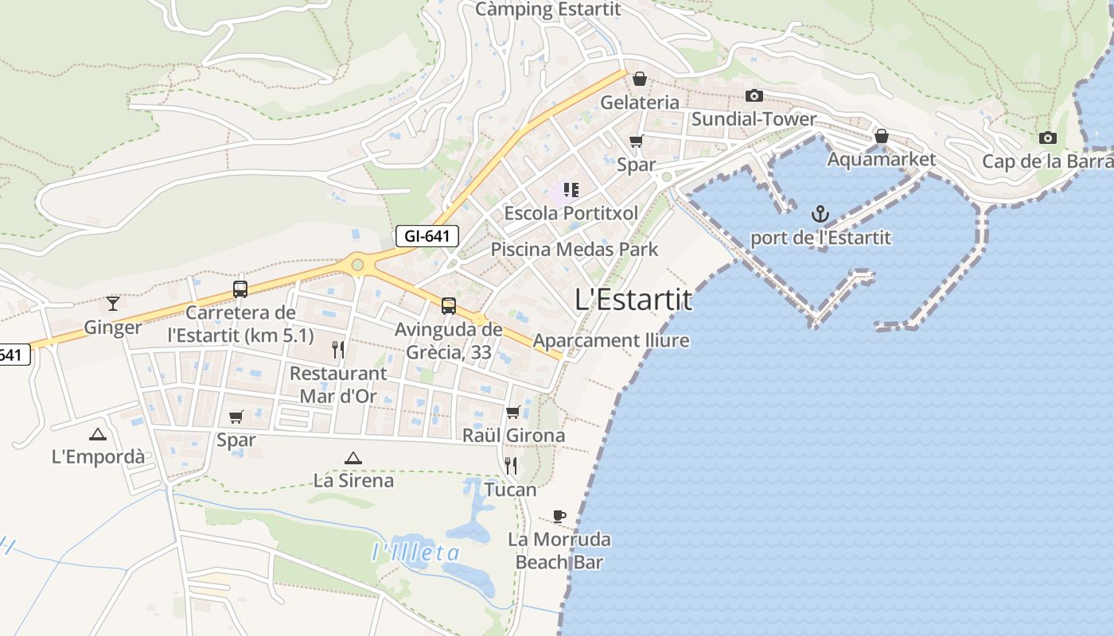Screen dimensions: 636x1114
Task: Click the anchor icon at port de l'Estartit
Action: pos(820,214)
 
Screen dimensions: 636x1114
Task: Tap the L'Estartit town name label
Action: pos(633,300)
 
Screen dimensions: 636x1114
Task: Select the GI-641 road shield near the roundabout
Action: pos(427,236)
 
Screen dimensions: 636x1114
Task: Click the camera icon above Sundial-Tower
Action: pos(754,96)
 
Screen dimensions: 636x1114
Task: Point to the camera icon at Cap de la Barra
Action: pos(1048,138)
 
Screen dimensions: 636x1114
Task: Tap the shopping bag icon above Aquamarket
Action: pos(881,137)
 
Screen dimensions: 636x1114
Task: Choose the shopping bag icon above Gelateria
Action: pos(639,79)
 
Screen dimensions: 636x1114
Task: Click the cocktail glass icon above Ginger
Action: pos(113,303)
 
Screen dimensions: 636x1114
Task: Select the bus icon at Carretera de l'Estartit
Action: pos(240,289)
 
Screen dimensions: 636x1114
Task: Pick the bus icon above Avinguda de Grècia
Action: pos(449,305)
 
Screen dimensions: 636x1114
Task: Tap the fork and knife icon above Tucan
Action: pos(511,466)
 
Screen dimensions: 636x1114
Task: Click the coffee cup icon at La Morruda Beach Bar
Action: pos(559,516)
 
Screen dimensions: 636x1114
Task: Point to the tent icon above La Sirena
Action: pos(353,458)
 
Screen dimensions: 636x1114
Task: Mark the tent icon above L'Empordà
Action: pos(98,434)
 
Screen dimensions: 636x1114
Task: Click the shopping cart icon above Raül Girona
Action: pos(513,412)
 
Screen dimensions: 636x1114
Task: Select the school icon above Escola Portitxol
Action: pos(571,190)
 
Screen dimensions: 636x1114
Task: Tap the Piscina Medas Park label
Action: pos(575,250)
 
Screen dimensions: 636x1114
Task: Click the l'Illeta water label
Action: pos(416,553)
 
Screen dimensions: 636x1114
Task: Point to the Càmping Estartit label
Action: pos(547,10)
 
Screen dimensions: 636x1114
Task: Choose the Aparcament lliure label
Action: pos(611,341)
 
